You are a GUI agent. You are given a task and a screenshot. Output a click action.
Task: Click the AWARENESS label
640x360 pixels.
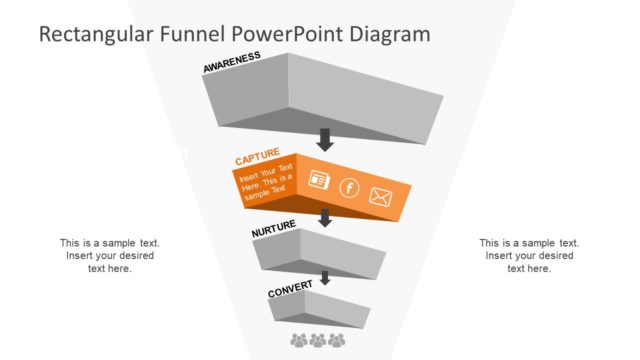(x=232, y=62)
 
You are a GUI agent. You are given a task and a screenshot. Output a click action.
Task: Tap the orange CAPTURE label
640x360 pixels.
(x=257, y=158)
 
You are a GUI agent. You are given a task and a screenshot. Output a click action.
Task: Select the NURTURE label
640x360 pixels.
(x=274, y=230)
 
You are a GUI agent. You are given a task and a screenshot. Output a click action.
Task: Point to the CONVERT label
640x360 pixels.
(x=289, y=290)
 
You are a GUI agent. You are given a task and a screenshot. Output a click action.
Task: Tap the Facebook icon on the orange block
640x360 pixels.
(x=349, y=187)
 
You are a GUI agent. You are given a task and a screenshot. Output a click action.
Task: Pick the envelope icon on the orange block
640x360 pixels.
(x=380, y=196)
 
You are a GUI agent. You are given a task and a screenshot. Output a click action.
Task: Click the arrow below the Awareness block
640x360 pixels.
(x=324, y=139)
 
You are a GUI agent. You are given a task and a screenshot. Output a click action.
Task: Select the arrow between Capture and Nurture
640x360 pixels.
(x=324, y=218)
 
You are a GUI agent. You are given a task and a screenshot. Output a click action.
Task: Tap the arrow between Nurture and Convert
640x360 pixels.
(x=324, y=278)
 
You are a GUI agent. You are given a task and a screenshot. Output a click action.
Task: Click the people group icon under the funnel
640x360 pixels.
(x=318, y=341)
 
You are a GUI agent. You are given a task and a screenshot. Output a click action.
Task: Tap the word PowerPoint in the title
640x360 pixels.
(x=284, y=33)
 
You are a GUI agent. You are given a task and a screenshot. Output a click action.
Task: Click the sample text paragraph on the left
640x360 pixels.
(x=109, y=255)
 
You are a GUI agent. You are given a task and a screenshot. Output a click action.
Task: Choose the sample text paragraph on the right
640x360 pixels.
(x=529, y=255)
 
